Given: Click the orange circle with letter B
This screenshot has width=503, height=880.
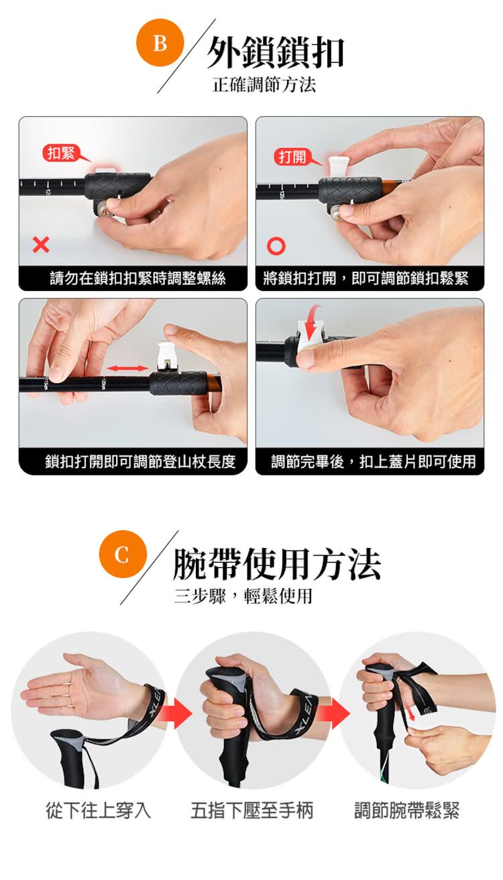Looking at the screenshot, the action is click(x=160, y=42).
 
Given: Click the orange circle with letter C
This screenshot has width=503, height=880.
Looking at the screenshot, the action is click(x=123, y=554).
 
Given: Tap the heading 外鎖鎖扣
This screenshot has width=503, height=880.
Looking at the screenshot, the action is click(x=276, y=52).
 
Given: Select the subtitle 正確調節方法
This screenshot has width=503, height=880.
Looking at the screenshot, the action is click(x=264, y=85).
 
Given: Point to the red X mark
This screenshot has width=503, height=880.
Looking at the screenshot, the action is click(x=41, y=245).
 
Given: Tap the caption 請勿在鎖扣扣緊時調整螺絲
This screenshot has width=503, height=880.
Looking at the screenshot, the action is click(x=137, y=278).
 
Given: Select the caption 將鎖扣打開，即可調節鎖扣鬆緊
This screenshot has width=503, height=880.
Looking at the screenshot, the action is click(x=366, y=278).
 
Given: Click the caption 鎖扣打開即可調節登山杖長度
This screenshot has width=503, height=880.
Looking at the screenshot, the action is click(x=140, y=461).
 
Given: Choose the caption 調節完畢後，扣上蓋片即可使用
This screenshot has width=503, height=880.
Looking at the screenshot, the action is click(x=374, y=461).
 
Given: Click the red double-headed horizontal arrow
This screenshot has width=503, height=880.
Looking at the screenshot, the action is click(x=127, y=368).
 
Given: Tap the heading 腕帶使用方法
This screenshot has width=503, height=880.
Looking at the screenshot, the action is click(x=277, y=565).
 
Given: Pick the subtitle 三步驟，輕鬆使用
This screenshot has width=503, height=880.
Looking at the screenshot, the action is click(x=243, y=596).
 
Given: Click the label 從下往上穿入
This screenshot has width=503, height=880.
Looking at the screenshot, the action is click(x=98, y=810).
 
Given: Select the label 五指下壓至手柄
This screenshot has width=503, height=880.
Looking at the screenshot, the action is click(x=252, y=810).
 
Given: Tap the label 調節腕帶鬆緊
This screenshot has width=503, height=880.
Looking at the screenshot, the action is click(x=407, y=810).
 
